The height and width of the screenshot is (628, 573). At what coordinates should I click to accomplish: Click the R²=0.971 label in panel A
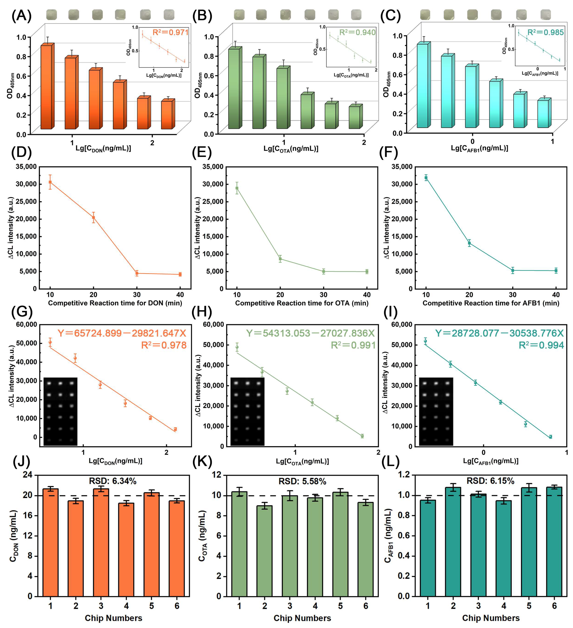pos(170,32)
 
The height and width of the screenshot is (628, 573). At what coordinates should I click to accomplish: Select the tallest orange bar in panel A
pos(46,87)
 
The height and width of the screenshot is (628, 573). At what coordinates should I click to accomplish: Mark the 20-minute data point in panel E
pos(280,259)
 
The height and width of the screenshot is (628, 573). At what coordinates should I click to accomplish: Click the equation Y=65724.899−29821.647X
pos(122,333)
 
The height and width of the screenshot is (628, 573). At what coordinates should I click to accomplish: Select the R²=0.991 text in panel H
pos(353,345)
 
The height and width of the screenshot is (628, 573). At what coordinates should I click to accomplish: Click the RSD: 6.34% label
pos(113,481)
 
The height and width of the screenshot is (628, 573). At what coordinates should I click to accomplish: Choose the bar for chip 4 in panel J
pos(126,550)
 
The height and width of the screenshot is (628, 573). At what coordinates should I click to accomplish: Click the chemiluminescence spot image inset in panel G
pos(60,411)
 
